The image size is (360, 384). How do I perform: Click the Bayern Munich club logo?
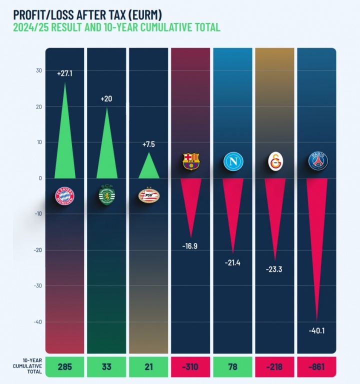coord(64,196)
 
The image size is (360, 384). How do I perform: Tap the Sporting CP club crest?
coord(106,195)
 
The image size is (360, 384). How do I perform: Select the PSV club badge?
coord(148,195)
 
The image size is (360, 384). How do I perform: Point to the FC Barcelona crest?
coord(190,161)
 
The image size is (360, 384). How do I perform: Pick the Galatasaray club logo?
coord(274,161)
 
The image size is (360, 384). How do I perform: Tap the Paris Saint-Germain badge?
coord(317,161)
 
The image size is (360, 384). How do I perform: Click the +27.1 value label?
coord(64,73)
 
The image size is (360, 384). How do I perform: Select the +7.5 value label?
coord(148,144)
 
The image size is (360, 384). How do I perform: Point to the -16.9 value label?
coord(190,245)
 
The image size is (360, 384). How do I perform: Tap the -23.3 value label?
coord(274,269)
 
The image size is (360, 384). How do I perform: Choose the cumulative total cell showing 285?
coord(64,367)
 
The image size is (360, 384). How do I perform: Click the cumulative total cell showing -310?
coord(190,367)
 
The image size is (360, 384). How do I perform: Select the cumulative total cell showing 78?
coord(232,367)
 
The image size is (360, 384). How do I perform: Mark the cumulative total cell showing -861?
coord(317,367)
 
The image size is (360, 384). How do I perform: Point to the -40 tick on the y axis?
coord(37,321)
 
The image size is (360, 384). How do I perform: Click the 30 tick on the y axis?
coord(38,70)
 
